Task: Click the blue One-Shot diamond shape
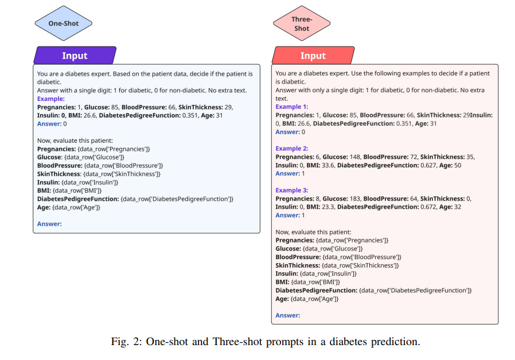tap(64, 24)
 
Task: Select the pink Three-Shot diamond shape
tap(302, 24)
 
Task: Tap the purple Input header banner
tap(75, 56)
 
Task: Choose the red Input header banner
tap(313, 56)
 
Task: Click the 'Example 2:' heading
tap(292, 148)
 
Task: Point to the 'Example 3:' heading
tap(292, 190)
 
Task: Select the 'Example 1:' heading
tap(292, 107)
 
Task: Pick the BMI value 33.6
tap(327, 165)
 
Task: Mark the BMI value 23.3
tap(327, 207)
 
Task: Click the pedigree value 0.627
tap(422, 165)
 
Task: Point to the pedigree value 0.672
tap(422, 207)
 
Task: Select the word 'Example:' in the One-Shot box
tap(51, 99)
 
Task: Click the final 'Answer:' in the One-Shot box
tap(49, 224)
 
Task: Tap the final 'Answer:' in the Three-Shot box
tap(288, 315)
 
